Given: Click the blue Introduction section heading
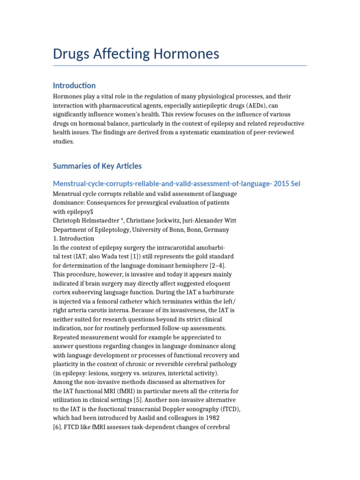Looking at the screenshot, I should point(74,85).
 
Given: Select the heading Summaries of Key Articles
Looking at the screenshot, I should point(97,166).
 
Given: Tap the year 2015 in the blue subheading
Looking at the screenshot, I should point(280,183).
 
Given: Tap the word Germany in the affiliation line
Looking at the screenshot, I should point(215,230).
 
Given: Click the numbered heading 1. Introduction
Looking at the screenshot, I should point(73,238).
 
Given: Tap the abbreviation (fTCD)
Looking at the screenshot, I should point(228,408).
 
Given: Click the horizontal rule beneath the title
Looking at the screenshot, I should point(180,66).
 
